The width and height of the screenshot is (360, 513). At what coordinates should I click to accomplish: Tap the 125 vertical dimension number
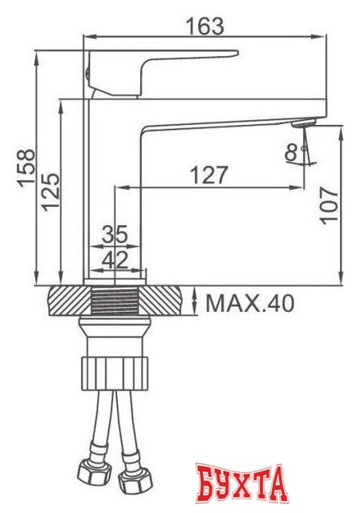[51, 192]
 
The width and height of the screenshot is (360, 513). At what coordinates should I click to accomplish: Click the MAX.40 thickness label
[250, 303]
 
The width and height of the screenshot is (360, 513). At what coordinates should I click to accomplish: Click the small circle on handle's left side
[87, 73]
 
